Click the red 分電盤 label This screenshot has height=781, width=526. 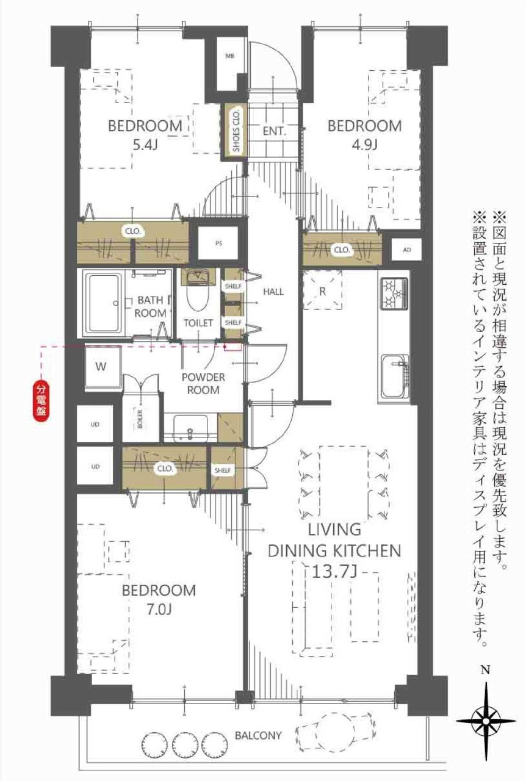click(41, 401)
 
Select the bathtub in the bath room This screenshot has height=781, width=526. click(104, 303)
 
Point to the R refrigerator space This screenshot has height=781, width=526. click(322, 290)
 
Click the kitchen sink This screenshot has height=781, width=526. click(395, 377)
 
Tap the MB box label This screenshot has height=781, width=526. click(229, 56)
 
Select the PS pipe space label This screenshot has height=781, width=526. click(218, 243)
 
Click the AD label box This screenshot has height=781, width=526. click(407, 250)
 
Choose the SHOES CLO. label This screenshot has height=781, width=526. click(236, 131)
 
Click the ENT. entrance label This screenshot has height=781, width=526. click(275, 131)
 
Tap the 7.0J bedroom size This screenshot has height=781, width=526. click(159, 609)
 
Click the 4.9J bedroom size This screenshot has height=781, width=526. click(364, 144)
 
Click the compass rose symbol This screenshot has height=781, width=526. click(486, 721)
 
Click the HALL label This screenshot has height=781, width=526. click(273, 292)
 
